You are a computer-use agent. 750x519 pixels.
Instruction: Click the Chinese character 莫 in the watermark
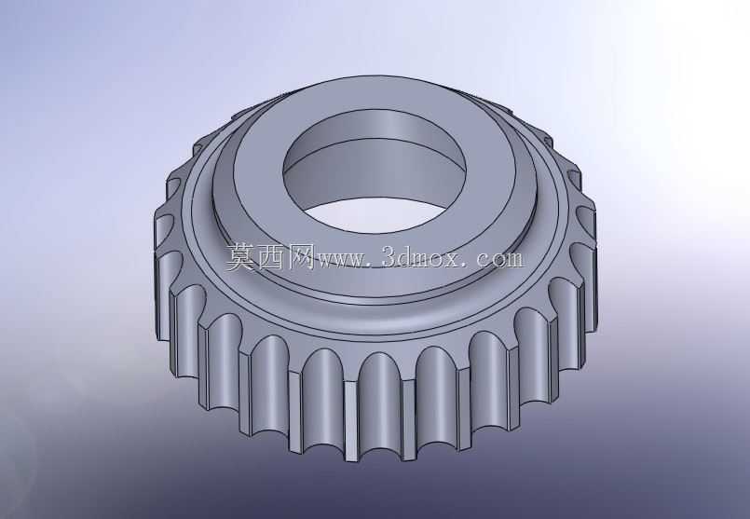click(239, 257)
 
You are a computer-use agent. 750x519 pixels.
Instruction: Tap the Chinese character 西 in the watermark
click(269, 257)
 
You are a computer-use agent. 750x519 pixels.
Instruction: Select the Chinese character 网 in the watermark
click(299, 257)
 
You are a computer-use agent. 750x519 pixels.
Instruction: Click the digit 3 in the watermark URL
click(389, 258)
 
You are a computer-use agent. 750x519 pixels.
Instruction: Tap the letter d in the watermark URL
click(404, 258)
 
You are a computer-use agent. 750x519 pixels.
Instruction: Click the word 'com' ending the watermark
click(499, 261)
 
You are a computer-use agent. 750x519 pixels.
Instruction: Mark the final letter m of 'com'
click(513, 261)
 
